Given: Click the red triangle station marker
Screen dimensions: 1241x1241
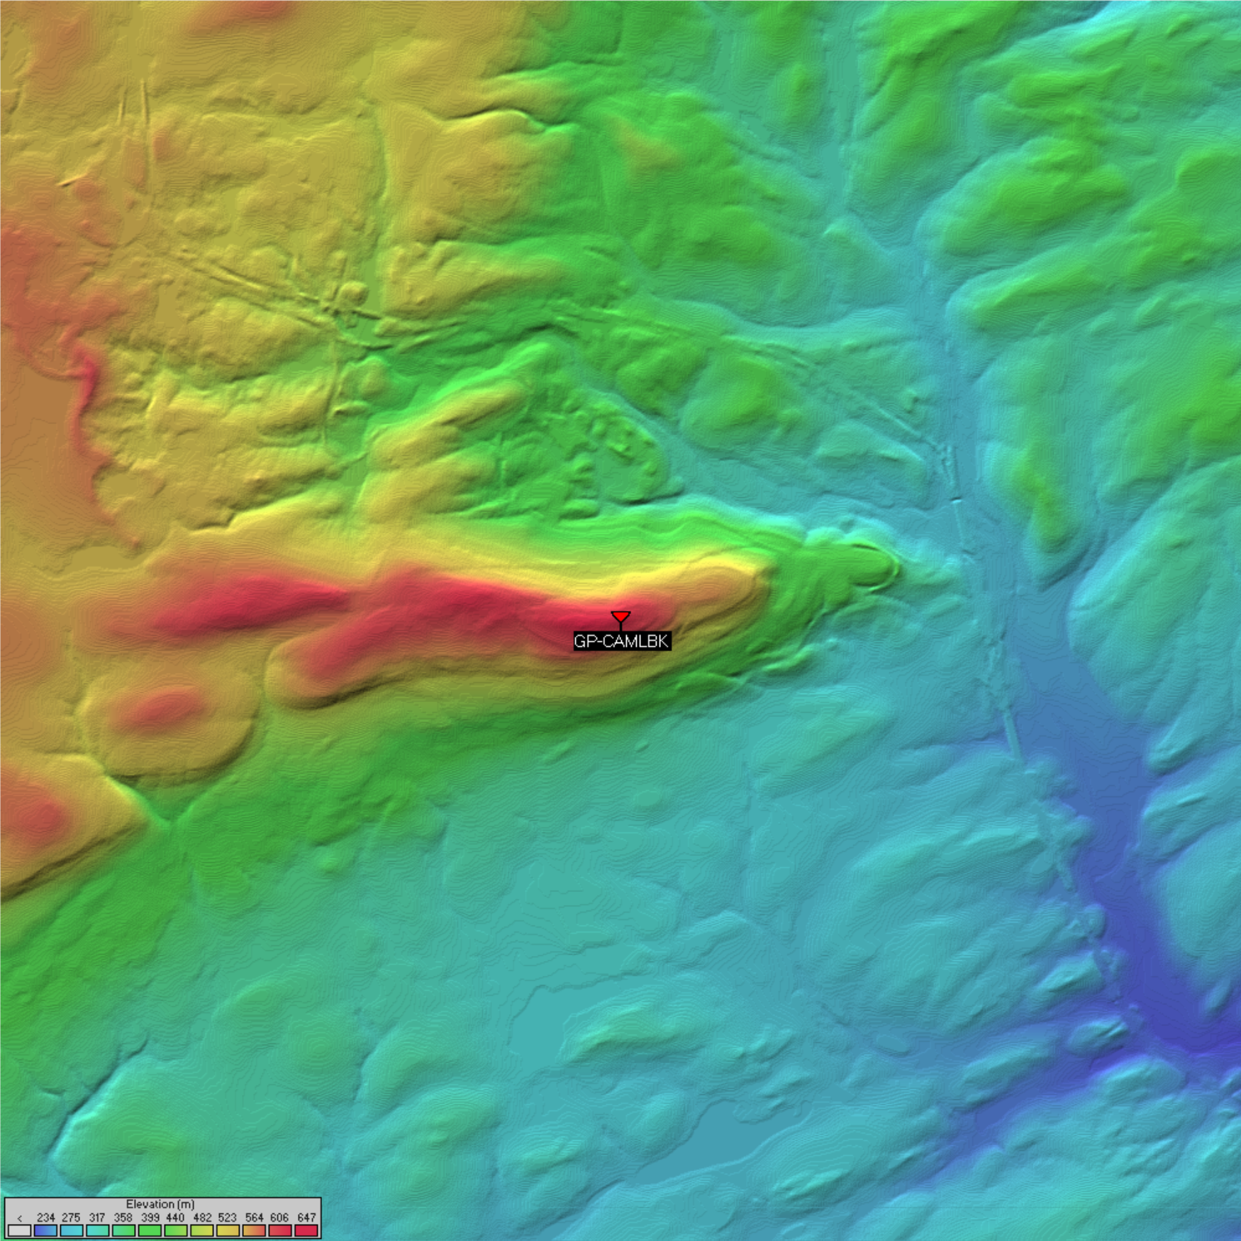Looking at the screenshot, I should coord(620,617).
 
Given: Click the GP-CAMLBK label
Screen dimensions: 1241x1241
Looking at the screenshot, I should coord(622,641).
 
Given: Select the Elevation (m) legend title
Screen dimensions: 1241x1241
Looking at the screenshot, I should coord(160,1204).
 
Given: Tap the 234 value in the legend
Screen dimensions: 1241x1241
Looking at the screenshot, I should coord(45,1218).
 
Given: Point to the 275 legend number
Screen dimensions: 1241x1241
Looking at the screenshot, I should coord(71,1218).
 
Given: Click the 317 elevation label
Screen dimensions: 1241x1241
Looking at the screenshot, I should coord(97,1218).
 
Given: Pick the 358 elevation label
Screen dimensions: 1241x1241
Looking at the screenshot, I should coord(123,1218).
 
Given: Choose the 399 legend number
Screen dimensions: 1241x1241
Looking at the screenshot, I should coord(150,1218).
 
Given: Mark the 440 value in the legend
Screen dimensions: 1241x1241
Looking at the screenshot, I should coord(175,1218).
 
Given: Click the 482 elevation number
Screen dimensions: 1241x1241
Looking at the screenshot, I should coord(202,1218).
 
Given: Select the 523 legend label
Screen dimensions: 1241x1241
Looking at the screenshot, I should coord(228,1218).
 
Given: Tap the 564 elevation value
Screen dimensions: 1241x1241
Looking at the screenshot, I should coord(254,1218).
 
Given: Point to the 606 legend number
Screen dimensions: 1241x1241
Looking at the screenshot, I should coord(280,1218).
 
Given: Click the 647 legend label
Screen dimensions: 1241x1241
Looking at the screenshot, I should coord(306,1218).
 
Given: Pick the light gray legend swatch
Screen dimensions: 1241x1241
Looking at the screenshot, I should coord(20,1230).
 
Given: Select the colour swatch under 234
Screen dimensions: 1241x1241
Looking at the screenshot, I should coord(45,1230).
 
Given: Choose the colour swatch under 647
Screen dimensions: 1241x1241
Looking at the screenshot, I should coord(306,1230).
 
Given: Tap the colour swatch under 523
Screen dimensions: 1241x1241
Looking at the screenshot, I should coord(228,1230).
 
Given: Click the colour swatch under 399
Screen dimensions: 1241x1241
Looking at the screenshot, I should coord(150,1230).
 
